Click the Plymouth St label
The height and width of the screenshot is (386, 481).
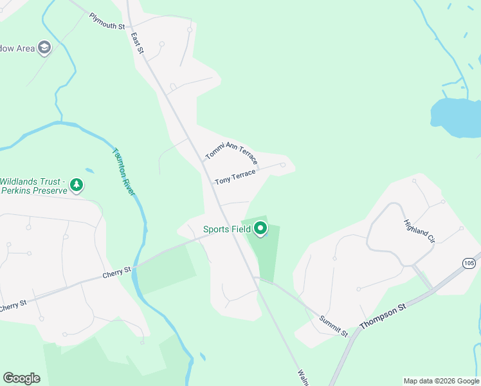tap(107, 21)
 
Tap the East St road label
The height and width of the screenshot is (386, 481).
tap(136, 43)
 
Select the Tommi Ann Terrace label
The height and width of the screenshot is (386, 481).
tap(231, 153)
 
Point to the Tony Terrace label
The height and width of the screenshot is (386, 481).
tap(235, 176)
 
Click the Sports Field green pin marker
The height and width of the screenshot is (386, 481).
tap(260, 228)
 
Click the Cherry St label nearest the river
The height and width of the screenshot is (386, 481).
tap(116, 273)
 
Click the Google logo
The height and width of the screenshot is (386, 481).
tap(21, 378)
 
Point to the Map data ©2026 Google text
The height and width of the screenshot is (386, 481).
tap(441, 381)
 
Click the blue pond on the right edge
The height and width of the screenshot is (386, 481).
tap(456, 116)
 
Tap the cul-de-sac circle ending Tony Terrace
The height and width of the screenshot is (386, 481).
tap(282, 165)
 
